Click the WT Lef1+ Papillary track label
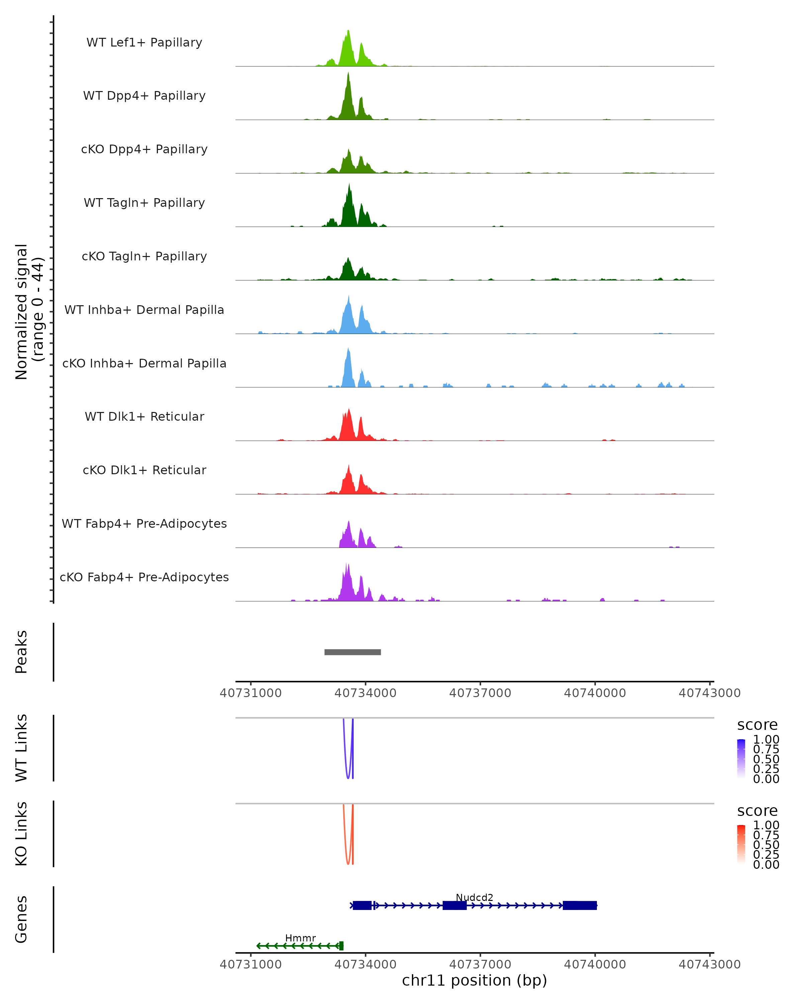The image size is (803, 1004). [x=144, y=43]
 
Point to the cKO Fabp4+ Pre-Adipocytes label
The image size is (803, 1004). [x=144, y=577]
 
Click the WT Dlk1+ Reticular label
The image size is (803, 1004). [x=144, y=416]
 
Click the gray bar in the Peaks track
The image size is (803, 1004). [x=352, y=652]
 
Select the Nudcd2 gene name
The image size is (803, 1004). [x=474, y=897]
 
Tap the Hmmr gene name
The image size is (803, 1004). [x=300, y=938]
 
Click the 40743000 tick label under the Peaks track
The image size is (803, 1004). [x=709, y=693]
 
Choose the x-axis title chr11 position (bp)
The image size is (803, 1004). [x=474, y=980]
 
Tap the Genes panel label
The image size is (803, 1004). [x=21, y=919]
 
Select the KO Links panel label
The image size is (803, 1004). [x=21, y=834]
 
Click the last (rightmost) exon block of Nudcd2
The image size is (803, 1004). [x=579, y=905]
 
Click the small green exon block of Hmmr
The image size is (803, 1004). [x=341, y=946]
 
